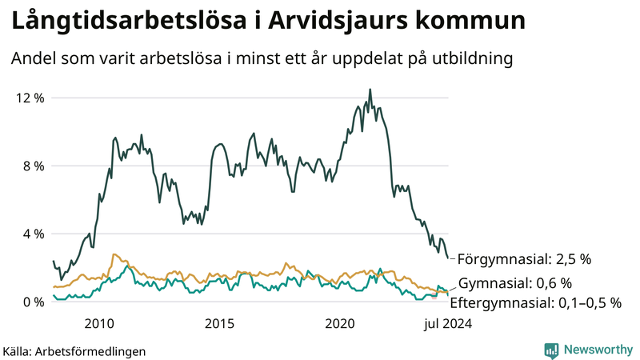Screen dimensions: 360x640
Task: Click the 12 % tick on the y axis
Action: [28, 98]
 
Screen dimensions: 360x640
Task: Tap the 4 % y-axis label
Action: [31, 234]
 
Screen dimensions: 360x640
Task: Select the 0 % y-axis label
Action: [31, 302]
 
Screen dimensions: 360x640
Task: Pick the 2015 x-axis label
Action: [219, 323]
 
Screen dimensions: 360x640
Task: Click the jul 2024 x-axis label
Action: [442, 323]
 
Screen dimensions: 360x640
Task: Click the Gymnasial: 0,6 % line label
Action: [514, 282]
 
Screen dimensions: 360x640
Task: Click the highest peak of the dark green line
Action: [370, 90]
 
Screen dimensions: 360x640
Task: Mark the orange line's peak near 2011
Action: [114, 254]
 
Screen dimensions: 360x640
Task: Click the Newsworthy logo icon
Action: [551, 350]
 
